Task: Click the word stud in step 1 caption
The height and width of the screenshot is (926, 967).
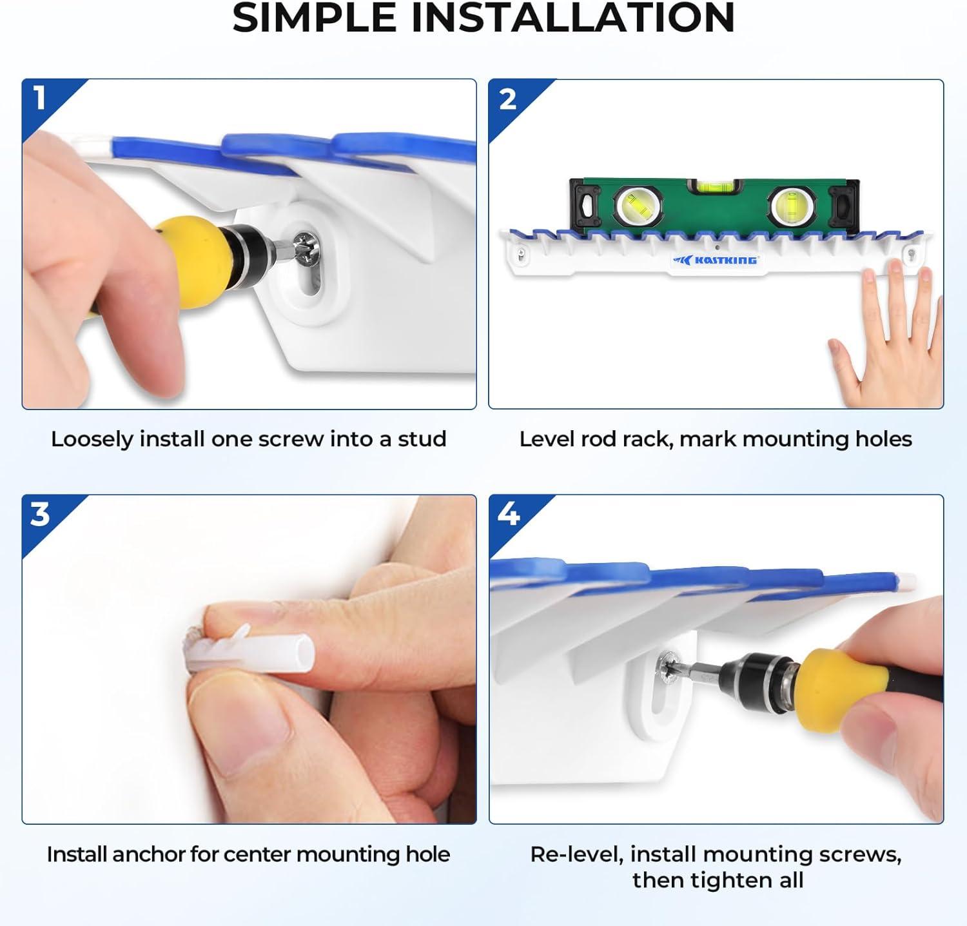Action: pyautogui.click(x=422, y=439)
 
